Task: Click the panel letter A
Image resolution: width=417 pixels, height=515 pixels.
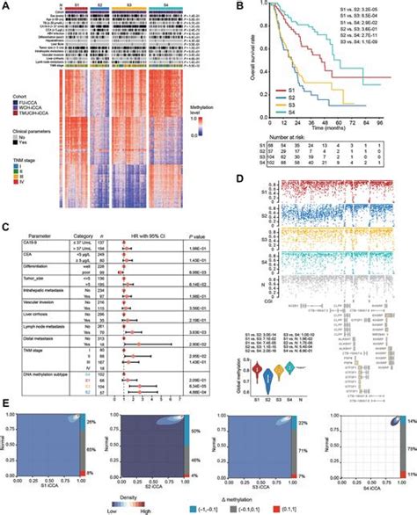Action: [x=5, y=5]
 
